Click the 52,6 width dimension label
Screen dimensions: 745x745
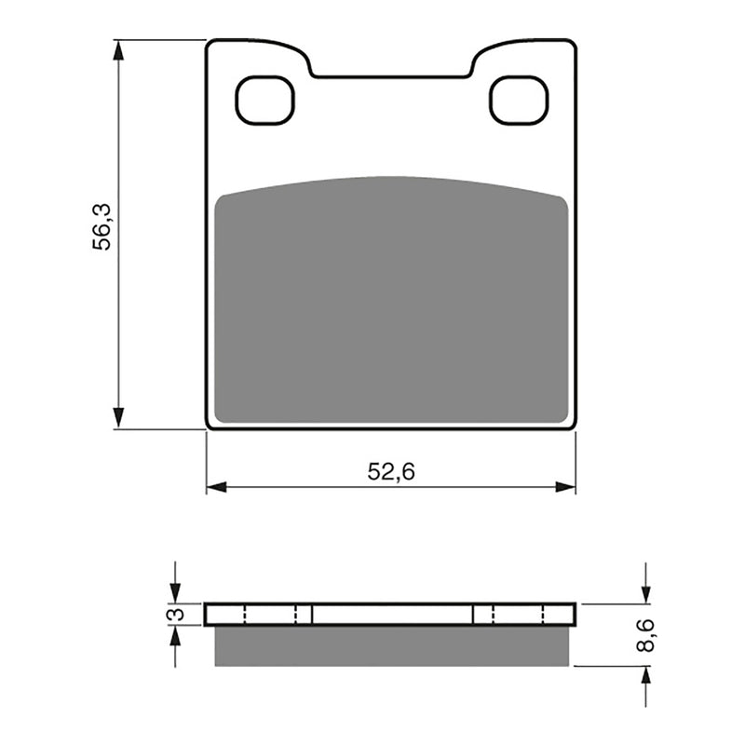390,472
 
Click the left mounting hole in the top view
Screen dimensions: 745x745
264,101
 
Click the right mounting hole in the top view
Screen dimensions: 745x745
519,101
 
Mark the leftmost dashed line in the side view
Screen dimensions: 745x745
244,615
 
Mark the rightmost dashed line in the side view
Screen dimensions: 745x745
543,615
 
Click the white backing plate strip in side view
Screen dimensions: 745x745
390,615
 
